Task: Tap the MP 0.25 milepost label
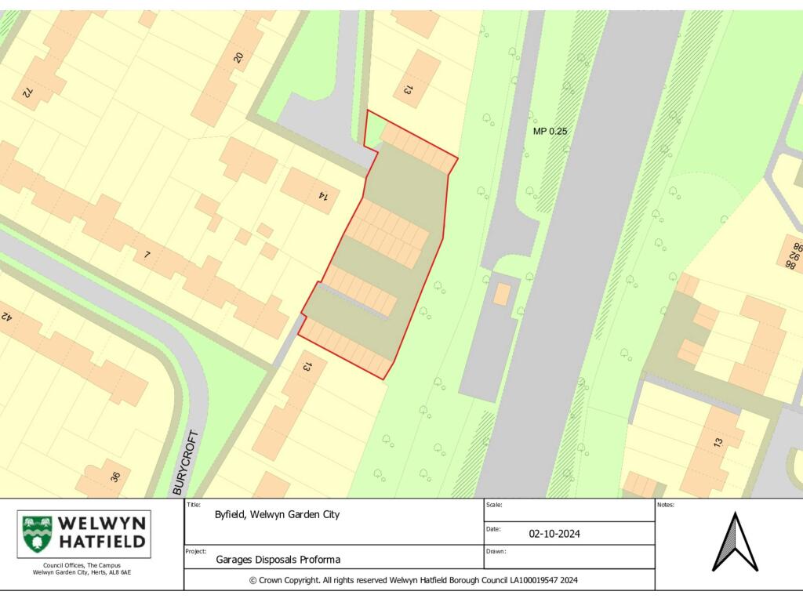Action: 550,131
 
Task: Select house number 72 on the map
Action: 27,92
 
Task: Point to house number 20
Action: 238,56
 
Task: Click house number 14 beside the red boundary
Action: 322,196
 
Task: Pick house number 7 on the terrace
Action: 147,255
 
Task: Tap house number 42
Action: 6,317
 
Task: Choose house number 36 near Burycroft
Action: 116,475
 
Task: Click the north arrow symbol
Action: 735,542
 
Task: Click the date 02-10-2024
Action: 554,534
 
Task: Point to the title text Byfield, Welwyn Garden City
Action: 277,515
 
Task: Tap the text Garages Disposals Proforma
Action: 278,560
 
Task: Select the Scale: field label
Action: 494,505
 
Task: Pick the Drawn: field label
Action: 496,551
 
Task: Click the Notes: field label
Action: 666,505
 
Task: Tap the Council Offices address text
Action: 82,568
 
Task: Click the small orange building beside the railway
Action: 502,295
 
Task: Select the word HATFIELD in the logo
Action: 103,541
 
